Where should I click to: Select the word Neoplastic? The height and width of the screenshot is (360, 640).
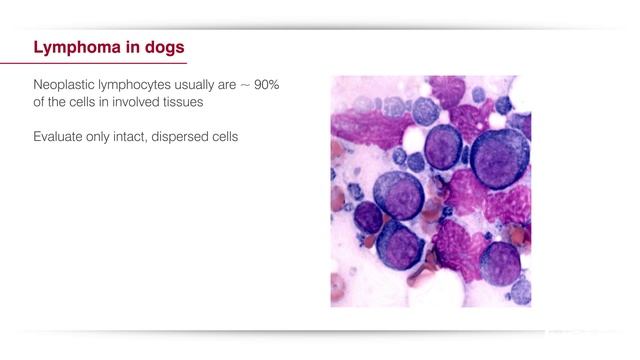[65, 86]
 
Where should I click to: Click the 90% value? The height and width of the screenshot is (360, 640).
[266, 86]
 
